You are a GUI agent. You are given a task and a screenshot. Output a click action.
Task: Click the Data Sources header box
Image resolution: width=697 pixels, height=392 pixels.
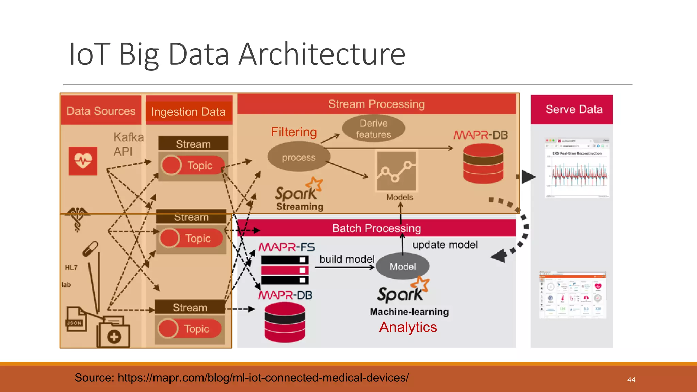click(101, 111)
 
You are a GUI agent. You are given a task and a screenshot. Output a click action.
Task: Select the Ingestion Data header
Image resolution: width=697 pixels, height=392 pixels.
click(189, 112)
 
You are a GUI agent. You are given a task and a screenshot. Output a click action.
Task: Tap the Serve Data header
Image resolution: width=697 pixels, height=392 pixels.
click(574, 109)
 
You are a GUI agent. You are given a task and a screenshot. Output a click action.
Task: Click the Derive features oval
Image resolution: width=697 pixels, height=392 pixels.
click(373, 129)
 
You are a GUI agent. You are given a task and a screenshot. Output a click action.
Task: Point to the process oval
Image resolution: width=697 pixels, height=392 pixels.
click(298, 157)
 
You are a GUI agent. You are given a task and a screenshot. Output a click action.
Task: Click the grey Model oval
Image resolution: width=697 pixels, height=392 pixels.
click(403, 266)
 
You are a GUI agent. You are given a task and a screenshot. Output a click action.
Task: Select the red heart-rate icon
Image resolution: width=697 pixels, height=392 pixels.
click(83, 161)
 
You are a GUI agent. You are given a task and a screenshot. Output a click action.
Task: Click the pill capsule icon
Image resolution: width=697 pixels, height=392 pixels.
click(91, 249)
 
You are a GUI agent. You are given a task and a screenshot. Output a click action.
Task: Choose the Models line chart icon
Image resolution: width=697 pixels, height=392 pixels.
click(396, 171)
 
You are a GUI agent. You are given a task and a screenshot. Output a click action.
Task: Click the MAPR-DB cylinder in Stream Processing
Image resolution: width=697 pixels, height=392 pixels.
click(483, 163)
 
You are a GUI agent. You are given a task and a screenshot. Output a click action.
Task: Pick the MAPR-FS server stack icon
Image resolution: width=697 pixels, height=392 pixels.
click(285, 270)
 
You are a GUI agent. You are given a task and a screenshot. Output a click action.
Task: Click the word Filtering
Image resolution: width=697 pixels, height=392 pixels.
click(294, 132)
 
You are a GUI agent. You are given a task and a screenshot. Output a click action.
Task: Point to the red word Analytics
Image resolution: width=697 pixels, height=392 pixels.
click(408, 327)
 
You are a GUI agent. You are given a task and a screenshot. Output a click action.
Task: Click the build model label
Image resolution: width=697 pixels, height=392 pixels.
click(347, 259)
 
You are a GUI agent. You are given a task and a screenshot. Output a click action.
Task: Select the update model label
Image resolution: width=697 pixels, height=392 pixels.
click(445, 245)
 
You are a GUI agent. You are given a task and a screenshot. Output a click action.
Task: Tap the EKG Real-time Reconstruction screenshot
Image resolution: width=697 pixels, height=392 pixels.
click(577, 168)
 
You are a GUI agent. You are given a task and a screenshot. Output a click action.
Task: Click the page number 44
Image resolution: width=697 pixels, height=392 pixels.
click(631, 380)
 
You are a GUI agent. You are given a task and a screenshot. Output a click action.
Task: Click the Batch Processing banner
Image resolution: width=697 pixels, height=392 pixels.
click(376, 228)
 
